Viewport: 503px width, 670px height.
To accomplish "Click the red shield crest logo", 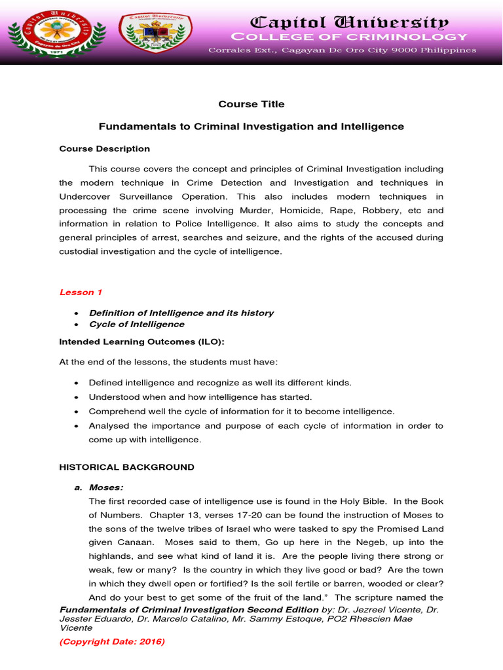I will coord(156,33).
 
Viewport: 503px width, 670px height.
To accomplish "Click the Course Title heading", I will coord(251,104).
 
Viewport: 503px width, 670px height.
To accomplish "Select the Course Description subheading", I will coord(105,149).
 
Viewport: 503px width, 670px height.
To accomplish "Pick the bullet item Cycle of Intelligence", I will coord(136,324).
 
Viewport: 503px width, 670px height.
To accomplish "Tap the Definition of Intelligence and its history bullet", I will coord(181,313).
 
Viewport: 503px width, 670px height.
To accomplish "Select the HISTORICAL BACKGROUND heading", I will coord(126,467).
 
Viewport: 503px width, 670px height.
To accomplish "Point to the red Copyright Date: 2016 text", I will coord(112,642).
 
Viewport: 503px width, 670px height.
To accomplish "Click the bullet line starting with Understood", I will coord(200,397).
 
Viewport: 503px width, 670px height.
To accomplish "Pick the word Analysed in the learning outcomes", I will coord(109,425).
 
